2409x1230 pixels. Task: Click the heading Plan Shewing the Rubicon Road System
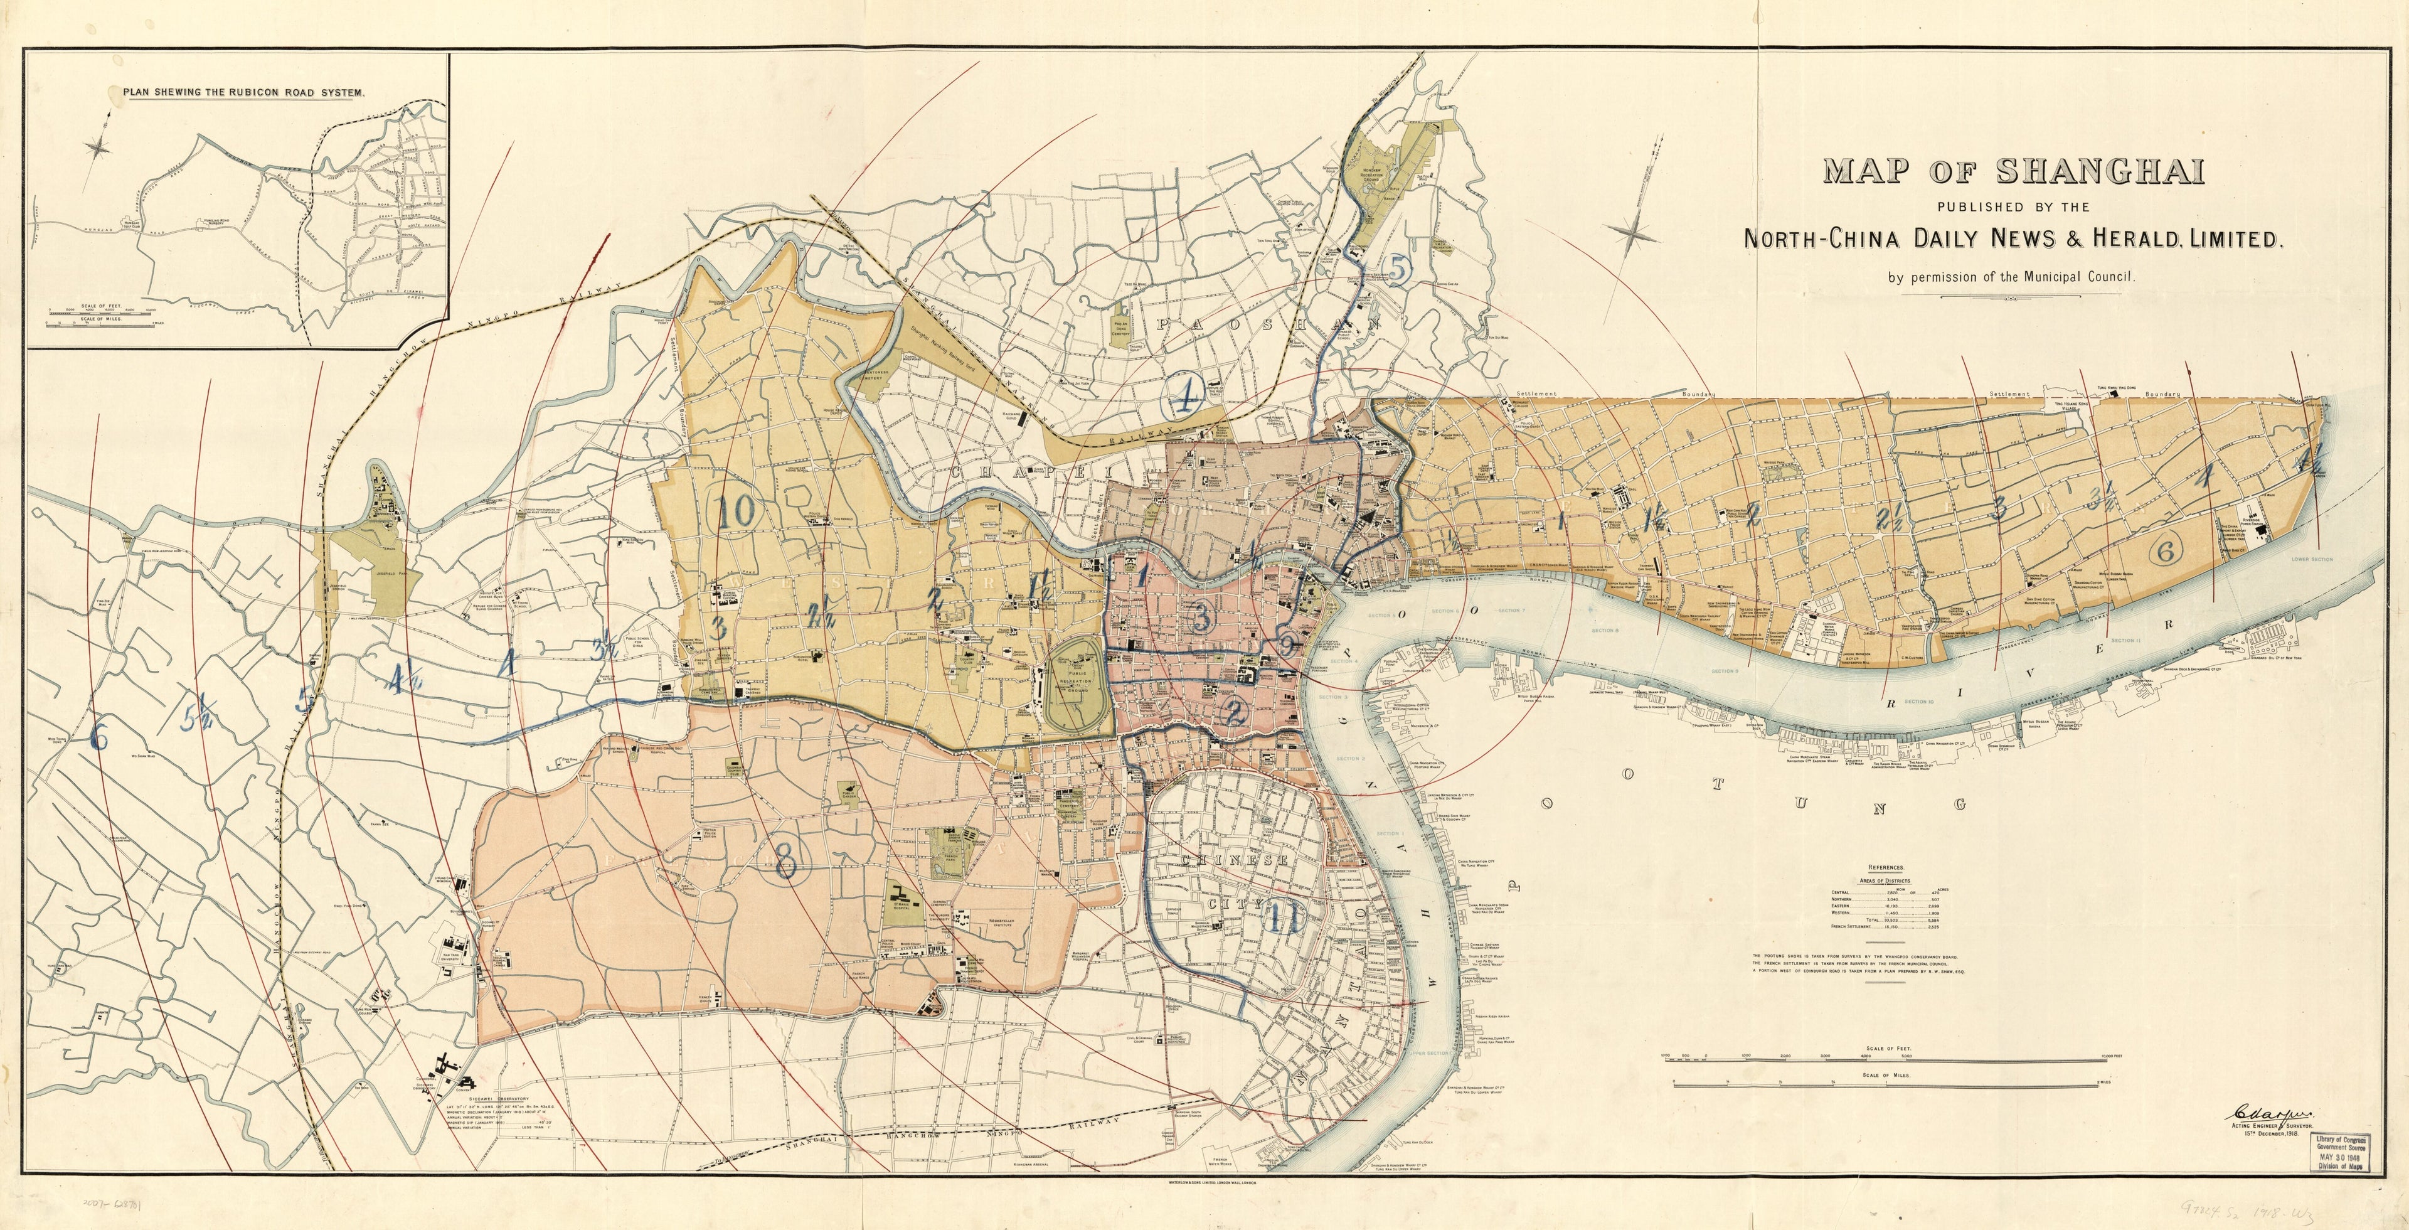[243, 93]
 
